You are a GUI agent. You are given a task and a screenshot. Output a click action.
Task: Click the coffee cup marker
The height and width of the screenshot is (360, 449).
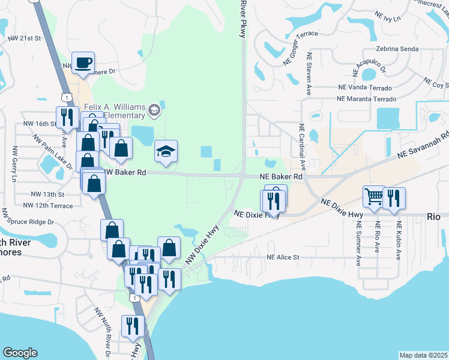coord(83,62)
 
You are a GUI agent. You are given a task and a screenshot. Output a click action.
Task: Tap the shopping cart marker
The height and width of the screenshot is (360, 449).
coord(374,196)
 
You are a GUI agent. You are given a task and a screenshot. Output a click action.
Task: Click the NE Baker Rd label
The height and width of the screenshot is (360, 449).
coord(280,177)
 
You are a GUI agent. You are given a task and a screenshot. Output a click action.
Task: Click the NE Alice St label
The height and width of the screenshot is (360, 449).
coord(283,257)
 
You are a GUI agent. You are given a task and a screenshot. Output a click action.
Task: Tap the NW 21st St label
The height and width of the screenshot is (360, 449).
coord(24,38)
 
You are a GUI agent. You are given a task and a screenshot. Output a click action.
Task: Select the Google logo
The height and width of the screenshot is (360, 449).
coord(20,353)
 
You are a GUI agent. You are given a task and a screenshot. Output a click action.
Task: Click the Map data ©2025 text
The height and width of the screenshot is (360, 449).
coord(423,355)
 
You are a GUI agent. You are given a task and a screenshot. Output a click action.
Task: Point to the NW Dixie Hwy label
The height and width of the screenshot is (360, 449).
coord(201,244)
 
